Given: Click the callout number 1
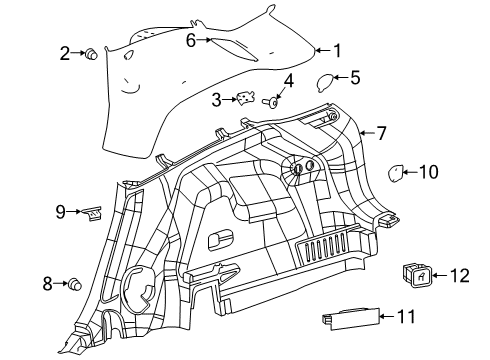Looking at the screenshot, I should click(337, 50).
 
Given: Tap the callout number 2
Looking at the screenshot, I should click(65, 53).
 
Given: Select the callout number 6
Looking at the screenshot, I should click(191, 41).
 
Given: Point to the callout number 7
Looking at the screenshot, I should click(380, 132).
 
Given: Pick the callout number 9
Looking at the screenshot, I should click(60, 211).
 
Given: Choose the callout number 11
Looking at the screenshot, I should click(405, 318).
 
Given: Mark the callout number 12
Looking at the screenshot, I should click(459, 275).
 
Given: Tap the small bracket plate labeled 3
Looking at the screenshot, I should click(243, 99).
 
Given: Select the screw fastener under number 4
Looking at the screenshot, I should click(270, 101).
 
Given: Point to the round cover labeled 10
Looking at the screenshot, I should click(397, 172).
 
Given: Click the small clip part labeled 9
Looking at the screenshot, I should click(93, 211).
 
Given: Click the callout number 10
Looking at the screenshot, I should click(428, 172).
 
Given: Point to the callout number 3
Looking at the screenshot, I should click(216, 99).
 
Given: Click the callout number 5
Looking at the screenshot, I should click(354, 76).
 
